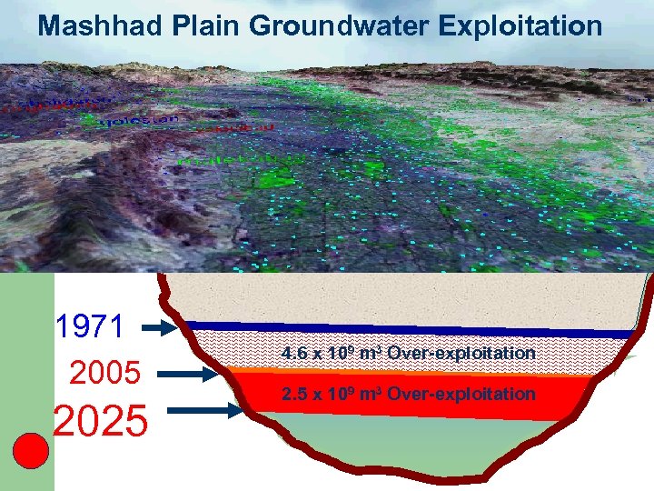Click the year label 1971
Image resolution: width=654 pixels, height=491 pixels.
[x=89, y=326]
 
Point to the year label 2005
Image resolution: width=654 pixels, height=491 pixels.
[x=104, y=373]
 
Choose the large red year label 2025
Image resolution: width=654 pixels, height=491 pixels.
[x=100, y=421]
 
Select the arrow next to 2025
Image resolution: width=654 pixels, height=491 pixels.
[x=213, y=411]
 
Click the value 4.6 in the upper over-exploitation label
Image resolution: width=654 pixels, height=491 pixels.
[x=293, y=353]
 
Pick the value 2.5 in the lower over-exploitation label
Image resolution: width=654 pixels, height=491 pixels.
[x=293, y=394]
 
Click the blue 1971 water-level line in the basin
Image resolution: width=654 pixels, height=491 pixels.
[x=409, y=329]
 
